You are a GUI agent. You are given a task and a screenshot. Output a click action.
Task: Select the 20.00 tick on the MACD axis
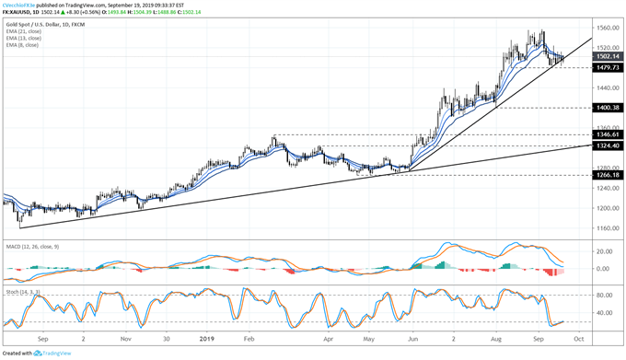605,251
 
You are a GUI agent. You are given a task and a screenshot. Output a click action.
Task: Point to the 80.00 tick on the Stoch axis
605,296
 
